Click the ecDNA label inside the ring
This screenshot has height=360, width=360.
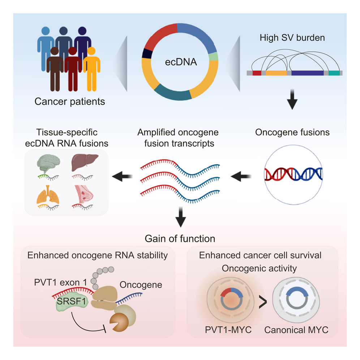pyautogui.click(x=180, y=62)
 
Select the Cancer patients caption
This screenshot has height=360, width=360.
pyautogui.click(x=70, y=101)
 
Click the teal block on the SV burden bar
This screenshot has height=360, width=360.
pyautogui.click(x=334, y=73)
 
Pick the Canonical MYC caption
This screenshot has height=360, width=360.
pyautogui.click(x=296, y=330)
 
